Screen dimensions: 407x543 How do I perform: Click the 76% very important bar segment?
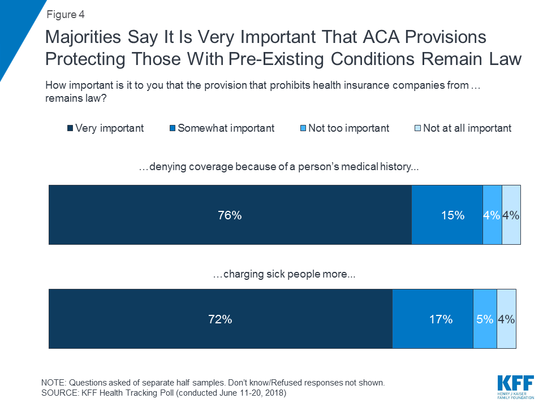(230, 215)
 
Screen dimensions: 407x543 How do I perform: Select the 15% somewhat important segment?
(447, 215)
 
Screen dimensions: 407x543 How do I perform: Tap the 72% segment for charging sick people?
(221, 319)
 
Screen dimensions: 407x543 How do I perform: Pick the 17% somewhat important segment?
(433, 319)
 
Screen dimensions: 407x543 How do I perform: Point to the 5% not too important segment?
(485, 319)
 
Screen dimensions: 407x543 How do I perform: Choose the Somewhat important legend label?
(226, 128)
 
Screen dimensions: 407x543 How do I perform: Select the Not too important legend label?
(348, 128)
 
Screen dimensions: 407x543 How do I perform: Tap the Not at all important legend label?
(467, 128)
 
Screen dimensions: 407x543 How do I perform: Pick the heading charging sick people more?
(284, 275)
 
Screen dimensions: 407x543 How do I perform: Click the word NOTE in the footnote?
(53, 383)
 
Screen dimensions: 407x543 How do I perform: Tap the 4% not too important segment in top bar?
(492, 215)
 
